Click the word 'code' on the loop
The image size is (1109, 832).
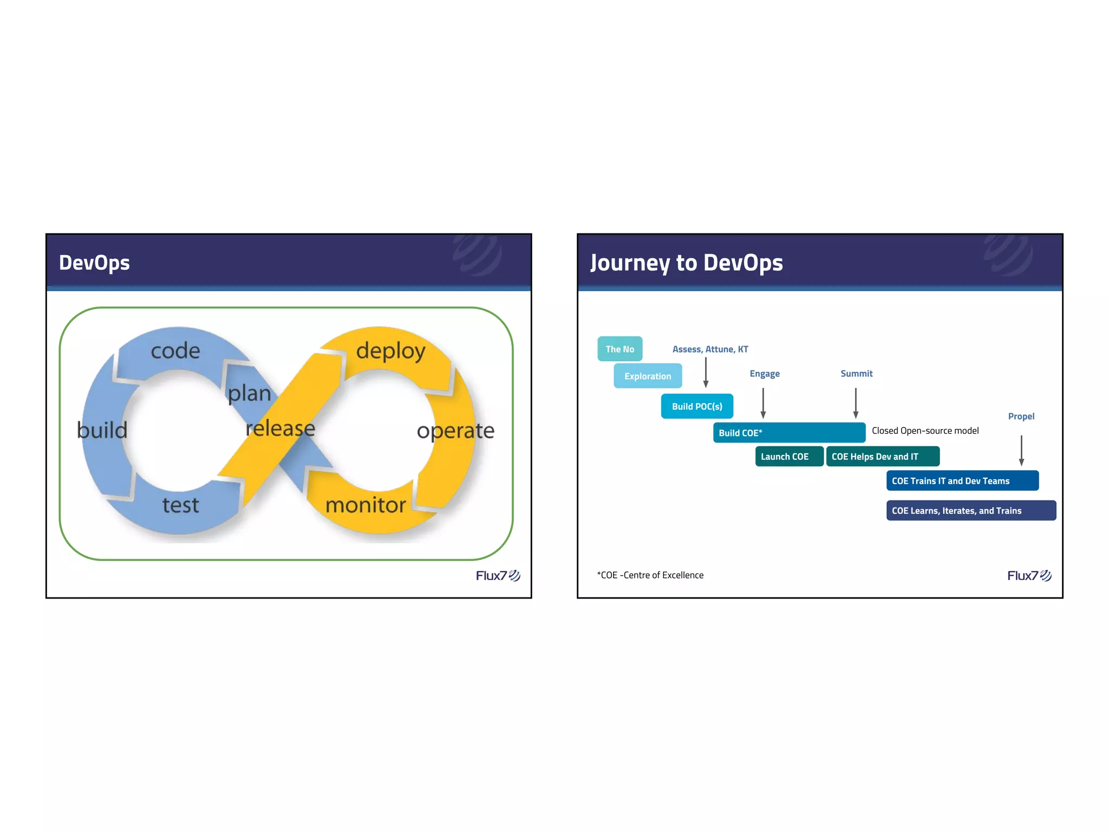coord(175,351)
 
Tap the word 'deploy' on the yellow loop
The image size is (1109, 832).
coord(390,351)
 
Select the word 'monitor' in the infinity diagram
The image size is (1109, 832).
coord(366,505)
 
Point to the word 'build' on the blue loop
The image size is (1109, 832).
coord(102,430)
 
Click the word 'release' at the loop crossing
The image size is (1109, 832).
coord(280,428)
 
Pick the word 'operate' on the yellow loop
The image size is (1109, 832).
coord(455,431)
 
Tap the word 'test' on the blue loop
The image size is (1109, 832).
coord(181,505)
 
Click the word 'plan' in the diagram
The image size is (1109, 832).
coord(249,393)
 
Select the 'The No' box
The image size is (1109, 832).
coord(620,349)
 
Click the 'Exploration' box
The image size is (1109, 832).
coord(648,376)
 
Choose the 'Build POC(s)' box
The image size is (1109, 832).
coord(697,406)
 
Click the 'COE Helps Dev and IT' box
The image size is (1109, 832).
coord(882,456)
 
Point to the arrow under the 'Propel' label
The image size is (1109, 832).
coord(1021,450)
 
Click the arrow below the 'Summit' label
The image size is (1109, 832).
coord(856,402)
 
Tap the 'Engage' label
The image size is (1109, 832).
coord(765,373)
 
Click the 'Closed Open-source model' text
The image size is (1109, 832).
coord(925,431)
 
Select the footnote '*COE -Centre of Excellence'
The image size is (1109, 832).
coord(650,575)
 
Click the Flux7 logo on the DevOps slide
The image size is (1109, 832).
coord(498,575)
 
